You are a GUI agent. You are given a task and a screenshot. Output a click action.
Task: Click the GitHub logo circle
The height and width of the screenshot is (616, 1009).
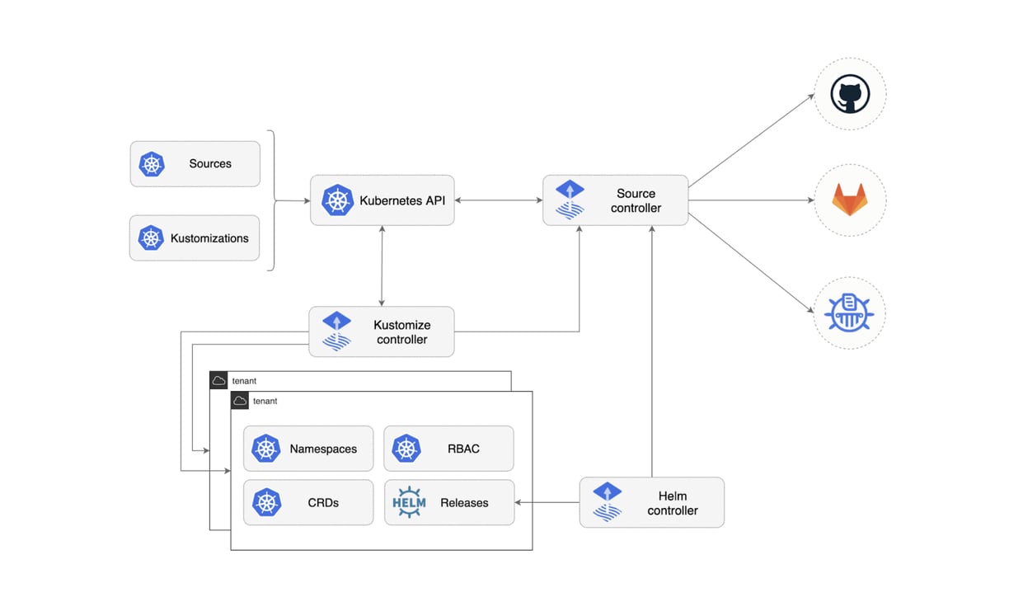(850, 93)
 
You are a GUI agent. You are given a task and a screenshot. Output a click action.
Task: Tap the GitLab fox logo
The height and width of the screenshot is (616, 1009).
(850, 200)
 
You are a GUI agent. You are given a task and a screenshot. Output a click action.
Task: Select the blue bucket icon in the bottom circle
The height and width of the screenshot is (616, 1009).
(849, 313)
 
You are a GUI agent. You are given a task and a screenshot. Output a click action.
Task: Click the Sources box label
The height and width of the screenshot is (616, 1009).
(210, 164)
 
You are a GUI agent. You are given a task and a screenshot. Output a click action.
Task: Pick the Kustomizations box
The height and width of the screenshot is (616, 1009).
(195, 238)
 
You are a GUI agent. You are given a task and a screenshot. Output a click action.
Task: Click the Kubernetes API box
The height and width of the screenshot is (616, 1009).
(382, 200)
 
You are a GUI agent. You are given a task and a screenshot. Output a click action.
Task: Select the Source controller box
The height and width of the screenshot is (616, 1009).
(615, 200)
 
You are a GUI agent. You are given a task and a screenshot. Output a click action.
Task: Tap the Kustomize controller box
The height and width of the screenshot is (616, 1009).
(381, 332)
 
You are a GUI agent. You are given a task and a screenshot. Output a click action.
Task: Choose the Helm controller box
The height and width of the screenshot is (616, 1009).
(651, 503)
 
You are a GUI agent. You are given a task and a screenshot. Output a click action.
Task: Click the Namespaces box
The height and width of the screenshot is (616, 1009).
(308, 449)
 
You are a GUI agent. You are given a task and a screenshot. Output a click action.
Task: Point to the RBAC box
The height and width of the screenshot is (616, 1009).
(448, 449)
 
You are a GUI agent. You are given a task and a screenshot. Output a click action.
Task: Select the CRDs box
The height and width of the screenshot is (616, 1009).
(308, 503)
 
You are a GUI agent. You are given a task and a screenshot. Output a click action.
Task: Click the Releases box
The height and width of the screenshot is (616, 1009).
(448, 503)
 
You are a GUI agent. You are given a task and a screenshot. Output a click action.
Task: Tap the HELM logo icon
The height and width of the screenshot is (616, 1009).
(409, 502)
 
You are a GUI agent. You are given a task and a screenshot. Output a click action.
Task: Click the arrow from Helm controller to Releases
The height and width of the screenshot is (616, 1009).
(547, 502)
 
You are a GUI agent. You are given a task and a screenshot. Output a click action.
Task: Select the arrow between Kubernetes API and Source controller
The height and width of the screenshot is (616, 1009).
(498, 200)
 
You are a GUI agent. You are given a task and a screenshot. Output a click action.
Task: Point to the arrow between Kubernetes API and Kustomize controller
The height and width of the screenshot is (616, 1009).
(382, 266)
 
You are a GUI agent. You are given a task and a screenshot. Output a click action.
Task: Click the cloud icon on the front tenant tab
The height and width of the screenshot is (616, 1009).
(240, 401)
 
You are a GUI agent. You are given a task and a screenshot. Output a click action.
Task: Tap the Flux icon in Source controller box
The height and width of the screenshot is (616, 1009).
(570, 200)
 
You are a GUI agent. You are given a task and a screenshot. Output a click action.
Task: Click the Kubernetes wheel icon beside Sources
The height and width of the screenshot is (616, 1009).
(152, 164)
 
